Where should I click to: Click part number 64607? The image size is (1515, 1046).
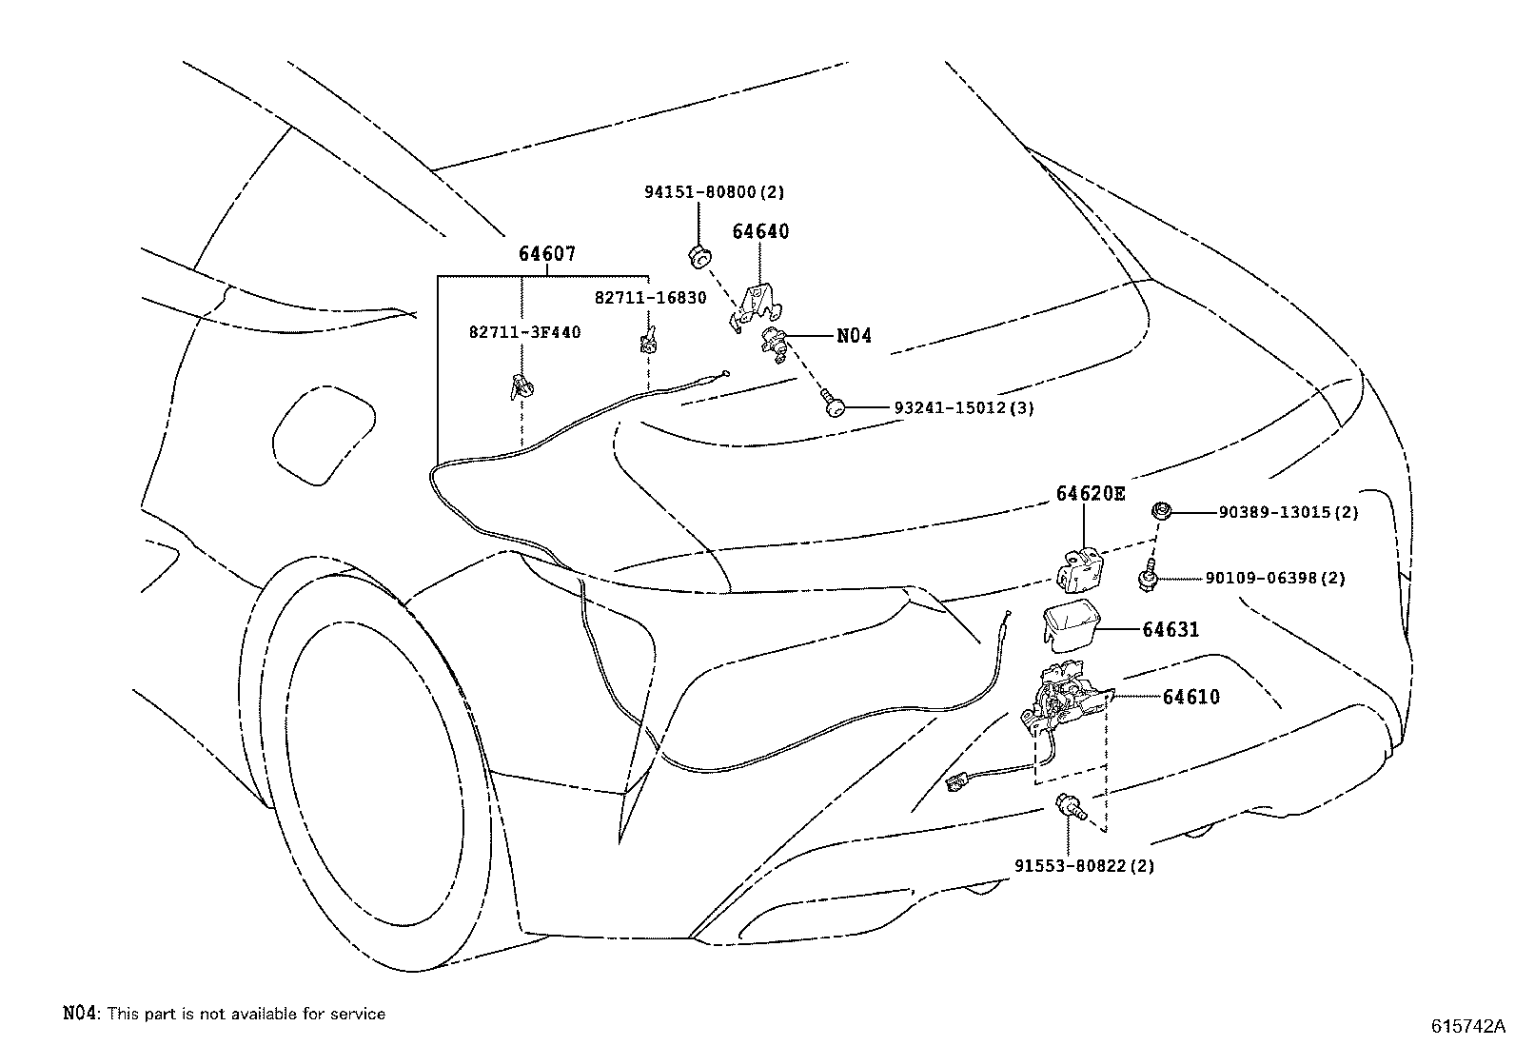pyautogui.click(x=547, y=255)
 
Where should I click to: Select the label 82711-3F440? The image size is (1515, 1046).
pyautogui.click(x=524, y=332)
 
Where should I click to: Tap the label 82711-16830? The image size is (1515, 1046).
pyautogui.click(x=651, y=298)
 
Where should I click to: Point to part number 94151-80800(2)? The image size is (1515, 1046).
pyautogui.click(x=715, y=192)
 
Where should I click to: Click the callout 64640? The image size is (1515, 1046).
pyautogui.click(x=760, y=231)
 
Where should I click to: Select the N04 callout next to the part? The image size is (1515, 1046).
pyautogui.click(x=854, y=336)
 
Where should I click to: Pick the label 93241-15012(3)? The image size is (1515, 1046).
pyautogui.click(x=964, y=408)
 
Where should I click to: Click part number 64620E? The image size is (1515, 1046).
pyautogui.click(x=1090, y=493)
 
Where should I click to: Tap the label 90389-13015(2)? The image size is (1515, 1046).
pyautogui.click(x=1289, y=512)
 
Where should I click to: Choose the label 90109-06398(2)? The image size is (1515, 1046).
pyautogui.click(x=1275, y=578)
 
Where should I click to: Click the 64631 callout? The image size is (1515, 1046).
pyautogui.click(x=1171, y=630)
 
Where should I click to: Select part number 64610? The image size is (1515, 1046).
pyautogui.click(x=1190, y=697)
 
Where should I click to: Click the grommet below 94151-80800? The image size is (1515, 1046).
pyautogui.click(x=700, y=254)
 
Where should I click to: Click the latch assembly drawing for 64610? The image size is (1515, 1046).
pyautogui.click(x=1060, y=699)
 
